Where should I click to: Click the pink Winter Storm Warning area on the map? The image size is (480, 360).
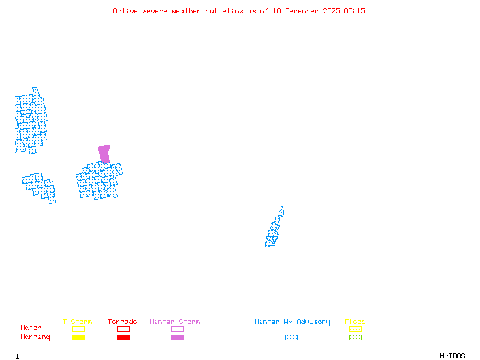[x=104, y=153]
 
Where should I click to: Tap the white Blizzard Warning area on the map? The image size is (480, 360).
[x=284, y=217]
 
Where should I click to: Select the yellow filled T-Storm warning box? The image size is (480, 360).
[x=78, y=338]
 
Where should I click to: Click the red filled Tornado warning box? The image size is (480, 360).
[x=123, y=338]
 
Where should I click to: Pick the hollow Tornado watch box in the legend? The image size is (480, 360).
[x=123, y=329]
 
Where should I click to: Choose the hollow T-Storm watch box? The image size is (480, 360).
[x=78, y=329]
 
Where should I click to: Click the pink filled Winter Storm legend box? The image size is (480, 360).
[x=177, y=338]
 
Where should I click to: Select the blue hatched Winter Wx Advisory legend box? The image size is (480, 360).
[x=291, y=338]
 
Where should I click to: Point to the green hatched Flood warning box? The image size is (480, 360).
[x=355, y=338]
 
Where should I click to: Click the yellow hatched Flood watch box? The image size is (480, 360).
[x=355, y=329]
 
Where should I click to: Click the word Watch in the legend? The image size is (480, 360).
[x=31, y=328]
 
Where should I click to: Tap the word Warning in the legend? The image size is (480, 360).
[x=35, y=337]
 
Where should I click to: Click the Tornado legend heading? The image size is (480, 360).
[x=122, y=322]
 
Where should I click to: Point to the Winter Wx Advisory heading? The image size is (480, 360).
[x=292, y=322]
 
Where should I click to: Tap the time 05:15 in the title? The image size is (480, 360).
[x=354, y=11]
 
